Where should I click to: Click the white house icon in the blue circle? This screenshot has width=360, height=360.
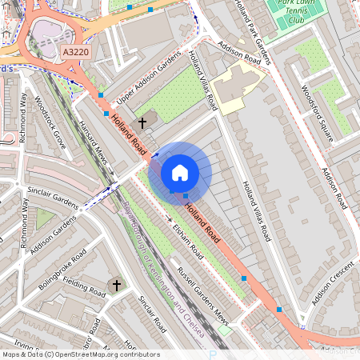click(180, 173)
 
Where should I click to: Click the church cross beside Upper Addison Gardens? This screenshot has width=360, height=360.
click(143, 122)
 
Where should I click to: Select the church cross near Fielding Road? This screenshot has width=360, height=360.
click(116, 285)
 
